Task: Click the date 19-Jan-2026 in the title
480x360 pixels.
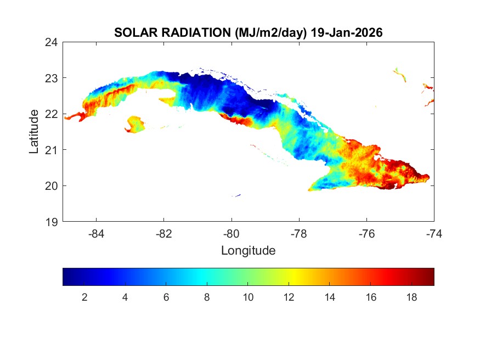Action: click(x=346, y=32)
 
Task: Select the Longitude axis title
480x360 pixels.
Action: click(x=248, y=251)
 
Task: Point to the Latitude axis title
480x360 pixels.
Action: click(x=34, y=131)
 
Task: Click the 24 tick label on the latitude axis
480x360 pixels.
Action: click(x=52, y=42)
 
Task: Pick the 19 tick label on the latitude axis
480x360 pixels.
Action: click(x=52, y=222)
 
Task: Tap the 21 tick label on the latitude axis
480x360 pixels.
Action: click(x=52, y=150)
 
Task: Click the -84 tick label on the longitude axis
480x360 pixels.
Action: click(x=97, y=234)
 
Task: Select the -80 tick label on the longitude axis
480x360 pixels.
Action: click(x=231, y=234)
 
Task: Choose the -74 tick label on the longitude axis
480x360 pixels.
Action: click(x=433, y=234)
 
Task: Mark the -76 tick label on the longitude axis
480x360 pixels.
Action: click(x=366, y=234)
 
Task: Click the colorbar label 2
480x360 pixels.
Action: click(x=84, y=297)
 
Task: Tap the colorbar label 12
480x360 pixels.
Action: click(x=289, y=297)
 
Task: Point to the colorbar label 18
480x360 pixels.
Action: click(x=411, y=297)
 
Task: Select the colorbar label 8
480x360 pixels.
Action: click(x=207, y=297)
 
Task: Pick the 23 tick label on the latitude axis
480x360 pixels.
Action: click(x=52, y=78)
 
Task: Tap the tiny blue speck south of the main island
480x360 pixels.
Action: click(x=236, y=195)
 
